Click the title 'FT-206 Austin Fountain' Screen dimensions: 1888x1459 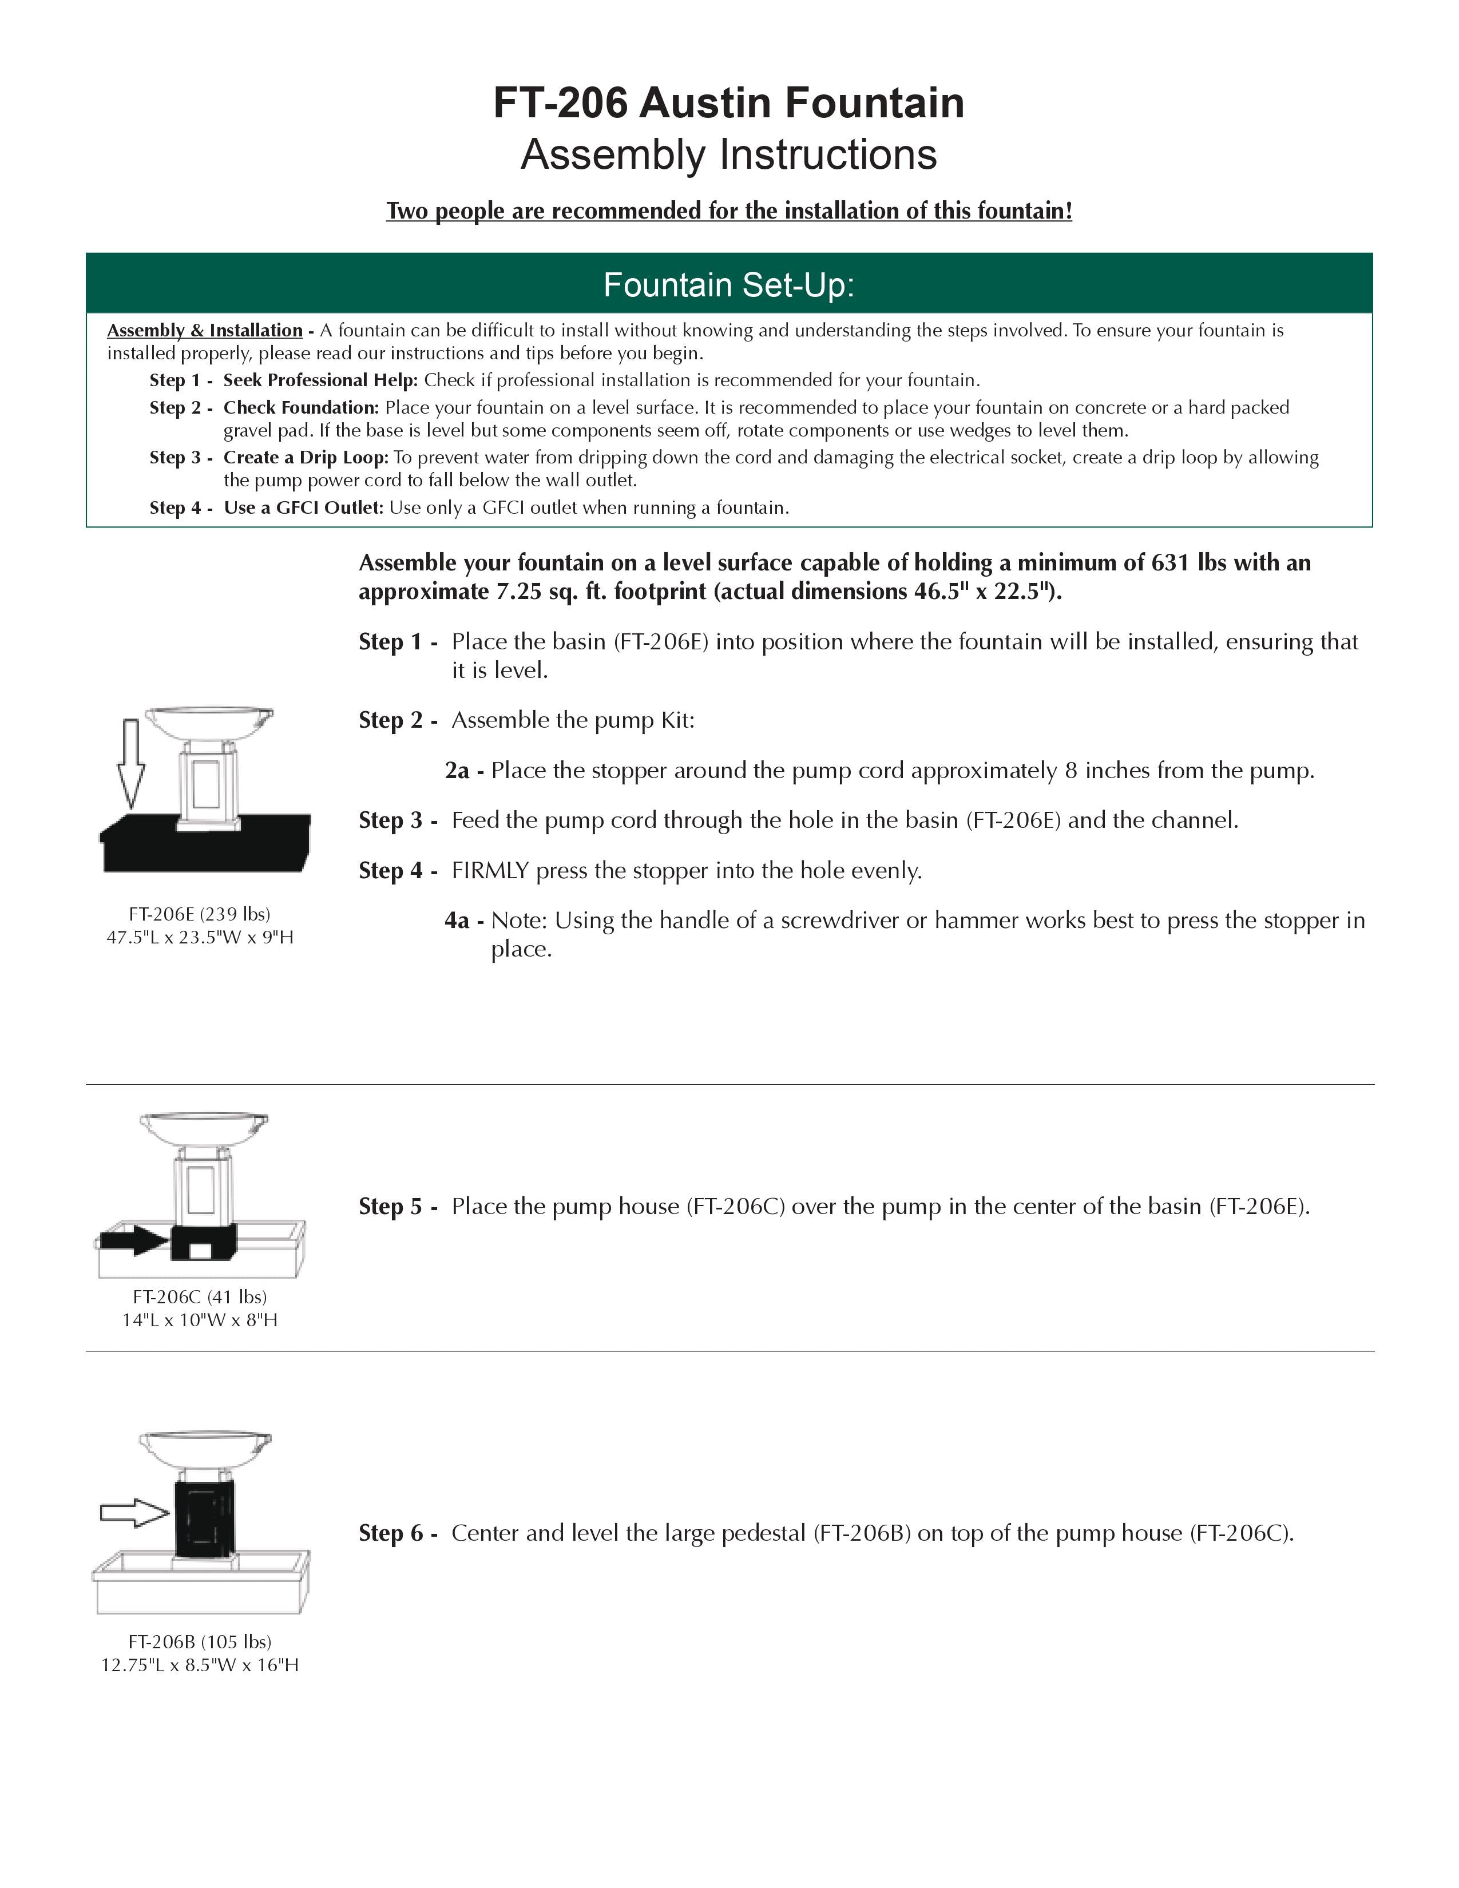pyautogui.click(x=728, y=103)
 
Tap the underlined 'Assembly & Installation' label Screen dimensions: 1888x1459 pyautogui.click(x=205, y=330)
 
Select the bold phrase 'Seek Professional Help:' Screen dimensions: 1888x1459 pyautogui.click(x=320, y=380)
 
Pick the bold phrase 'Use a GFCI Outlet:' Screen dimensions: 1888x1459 pyautogui.click(x=303, y=507)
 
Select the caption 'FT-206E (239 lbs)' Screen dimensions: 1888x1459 pyautogui.click(x=200, y=914)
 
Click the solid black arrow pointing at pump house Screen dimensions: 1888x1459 pyautogui.click(x=134, y=1242)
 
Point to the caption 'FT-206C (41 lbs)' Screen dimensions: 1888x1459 pyautogui.click(x=200, y=1296)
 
